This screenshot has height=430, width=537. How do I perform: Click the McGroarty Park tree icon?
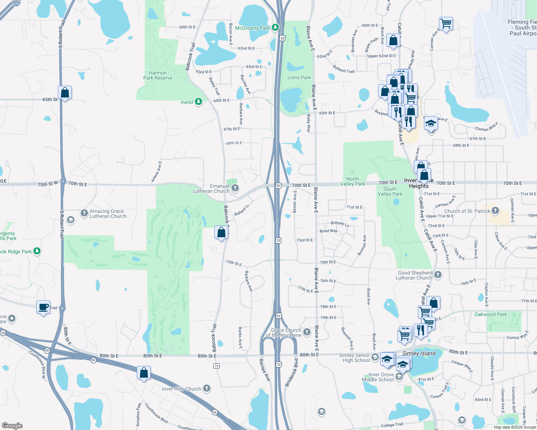coord(275,27)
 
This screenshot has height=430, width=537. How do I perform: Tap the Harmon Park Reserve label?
coord(158,75)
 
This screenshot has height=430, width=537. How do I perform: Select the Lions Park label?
coord(299,77)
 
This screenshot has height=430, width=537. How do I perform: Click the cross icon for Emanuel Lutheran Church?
coord(235,188)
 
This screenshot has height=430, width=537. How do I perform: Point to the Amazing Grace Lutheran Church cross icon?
coord(84,213)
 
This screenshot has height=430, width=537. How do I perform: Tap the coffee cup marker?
coord(43,307)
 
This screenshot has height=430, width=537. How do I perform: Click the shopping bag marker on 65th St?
coord(65,92)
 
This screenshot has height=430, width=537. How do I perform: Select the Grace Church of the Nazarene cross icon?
coord(307,332)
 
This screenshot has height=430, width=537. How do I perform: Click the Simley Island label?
coord(419,353)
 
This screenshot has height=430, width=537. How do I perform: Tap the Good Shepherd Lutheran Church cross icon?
coord(438,275)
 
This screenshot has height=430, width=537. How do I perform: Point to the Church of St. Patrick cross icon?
coord(495,211)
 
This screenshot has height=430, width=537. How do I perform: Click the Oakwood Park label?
coord(491,314)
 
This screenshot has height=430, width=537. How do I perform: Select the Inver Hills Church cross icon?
coord(206,388)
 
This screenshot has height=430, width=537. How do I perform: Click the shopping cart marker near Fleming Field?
coord(446,24)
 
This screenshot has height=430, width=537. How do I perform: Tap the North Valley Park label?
coord(352,181)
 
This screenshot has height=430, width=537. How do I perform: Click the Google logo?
coord(12,425)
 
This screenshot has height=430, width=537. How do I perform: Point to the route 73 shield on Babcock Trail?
coord(216,366)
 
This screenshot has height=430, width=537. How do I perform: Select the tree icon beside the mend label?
coord(198,102)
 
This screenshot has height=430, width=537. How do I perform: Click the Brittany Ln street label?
coord(340,224)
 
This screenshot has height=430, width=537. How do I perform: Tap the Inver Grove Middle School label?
coord(378,377)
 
